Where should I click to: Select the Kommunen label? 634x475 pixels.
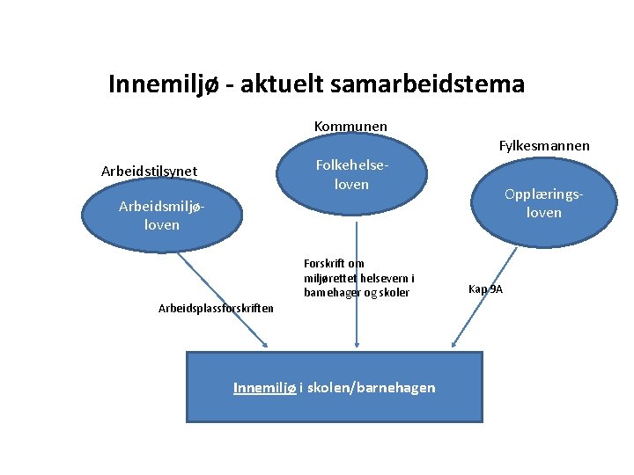pyautogui.click(x=350, y=127)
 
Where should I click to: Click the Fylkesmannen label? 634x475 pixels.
pyautogui.click(x=544, y=145)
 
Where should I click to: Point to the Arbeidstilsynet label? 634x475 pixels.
pyautogui.click(x=150, y=171)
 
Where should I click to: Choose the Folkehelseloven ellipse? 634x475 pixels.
pyautogui.click(x=351, y=176)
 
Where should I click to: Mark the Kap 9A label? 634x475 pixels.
pyautogui.click(x=486, y=289)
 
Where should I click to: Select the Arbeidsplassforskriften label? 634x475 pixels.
pyautogui.click(x=216, y=308)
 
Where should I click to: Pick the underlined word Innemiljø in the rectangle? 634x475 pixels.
pyautogui.click(x=264, y=388)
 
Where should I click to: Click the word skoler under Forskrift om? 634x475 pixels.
pyautogui.click(x=394, y=293)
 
